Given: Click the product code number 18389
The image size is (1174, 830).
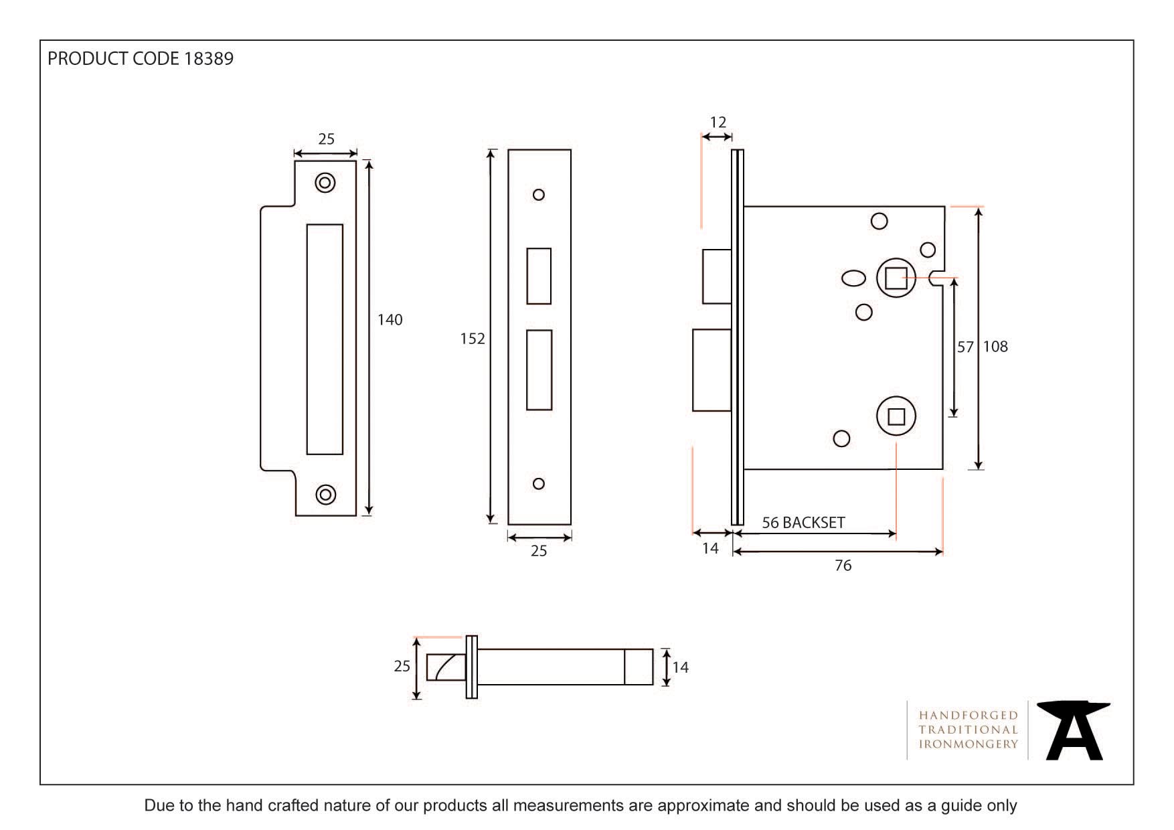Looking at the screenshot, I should [x=208, y=59].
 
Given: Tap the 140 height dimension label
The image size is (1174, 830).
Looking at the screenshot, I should [x=390, y=320].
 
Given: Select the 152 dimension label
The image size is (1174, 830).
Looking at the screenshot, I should [x=472, y=339].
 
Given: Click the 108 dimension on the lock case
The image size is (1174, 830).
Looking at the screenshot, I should [x=996, y=347].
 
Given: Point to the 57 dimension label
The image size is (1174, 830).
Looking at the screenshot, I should [x=965, y=347].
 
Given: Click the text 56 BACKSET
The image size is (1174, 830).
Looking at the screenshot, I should [x=803, y=523].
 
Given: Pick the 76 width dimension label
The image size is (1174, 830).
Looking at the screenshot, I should [x=843, y=566].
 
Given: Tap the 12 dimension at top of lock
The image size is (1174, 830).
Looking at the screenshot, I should [x=718, y=122].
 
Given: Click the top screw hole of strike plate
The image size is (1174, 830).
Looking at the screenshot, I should [x=325, y=183].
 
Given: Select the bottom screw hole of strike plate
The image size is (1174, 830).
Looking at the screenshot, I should [x=325, y=494].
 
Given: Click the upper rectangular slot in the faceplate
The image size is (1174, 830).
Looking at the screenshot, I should [x=539, y=276].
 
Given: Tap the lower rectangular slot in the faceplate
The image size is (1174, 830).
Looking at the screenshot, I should [x=539, y=369].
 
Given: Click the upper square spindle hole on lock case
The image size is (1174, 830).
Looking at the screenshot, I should [x=896, y=276].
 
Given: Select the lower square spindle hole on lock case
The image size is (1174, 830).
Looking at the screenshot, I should [x=896, y=417].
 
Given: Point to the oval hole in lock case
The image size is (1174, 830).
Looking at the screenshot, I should [x=853, y=278].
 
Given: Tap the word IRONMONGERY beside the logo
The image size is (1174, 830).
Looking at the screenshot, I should [x=968, y=744].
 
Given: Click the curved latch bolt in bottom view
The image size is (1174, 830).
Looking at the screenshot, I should [x=446, y=667].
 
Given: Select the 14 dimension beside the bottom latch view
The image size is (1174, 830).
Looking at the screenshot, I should [x=680, y=667].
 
